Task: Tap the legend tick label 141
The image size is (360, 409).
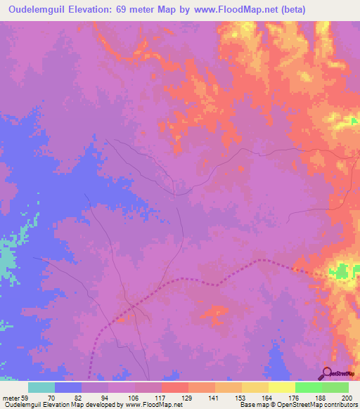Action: click(x=188, y=398)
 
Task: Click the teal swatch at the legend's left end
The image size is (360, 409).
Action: click(x=41, y=387)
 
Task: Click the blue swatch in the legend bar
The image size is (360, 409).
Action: click(x=68, y=387)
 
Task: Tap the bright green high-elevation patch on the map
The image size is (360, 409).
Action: click(x=342, y=271)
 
